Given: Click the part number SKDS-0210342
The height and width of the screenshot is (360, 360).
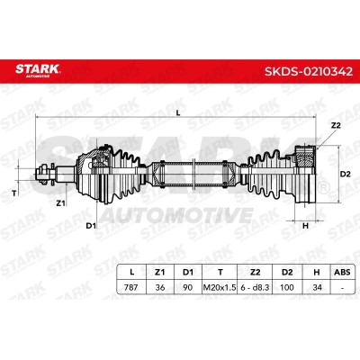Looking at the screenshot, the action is (x=309, y=71).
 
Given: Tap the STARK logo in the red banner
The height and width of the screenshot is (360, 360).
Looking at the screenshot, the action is (x=38, y=70).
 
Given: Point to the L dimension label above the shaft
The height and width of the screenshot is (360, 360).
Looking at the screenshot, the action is (x=178, y=112).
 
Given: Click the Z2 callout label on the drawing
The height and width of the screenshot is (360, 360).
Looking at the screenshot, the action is (x=336, y=125).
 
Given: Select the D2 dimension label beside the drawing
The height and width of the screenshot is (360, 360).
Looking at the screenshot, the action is (x=345, y=174).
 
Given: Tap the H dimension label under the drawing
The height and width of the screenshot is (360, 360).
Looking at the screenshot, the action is (x=305, y=226).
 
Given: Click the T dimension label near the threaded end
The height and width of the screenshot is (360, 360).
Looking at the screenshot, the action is (x=13, y=193).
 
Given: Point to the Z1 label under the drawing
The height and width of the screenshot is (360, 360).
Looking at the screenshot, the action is (x=60, y=203).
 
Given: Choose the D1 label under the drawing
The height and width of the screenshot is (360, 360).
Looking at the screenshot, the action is (x=91, y=226).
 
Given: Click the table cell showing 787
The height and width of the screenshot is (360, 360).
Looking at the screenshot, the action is (x=130, y=287).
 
